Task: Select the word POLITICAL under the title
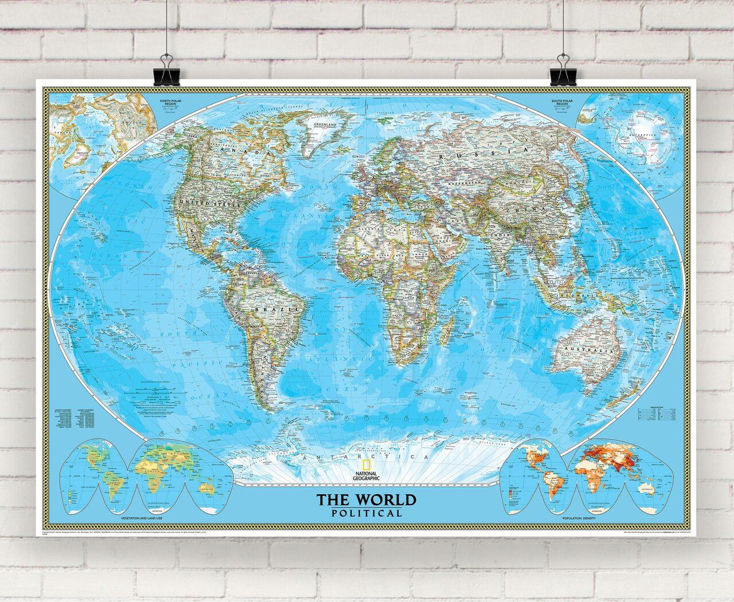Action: click(x=367, y=513)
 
